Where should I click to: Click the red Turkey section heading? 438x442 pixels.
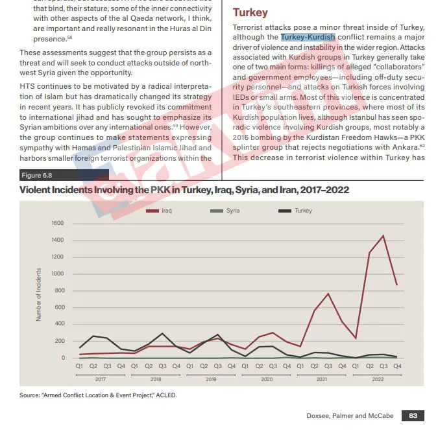point(250,13)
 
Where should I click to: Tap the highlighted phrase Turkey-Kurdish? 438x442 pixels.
point(308,37)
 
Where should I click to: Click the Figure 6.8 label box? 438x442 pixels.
point(38,175)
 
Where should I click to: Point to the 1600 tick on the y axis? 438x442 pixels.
point(57,224)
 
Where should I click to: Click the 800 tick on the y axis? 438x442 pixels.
point(59,291)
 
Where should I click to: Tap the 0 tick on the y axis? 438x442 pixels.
point(63,358)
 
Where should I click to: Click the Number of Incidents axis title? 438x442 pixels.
point(39,297)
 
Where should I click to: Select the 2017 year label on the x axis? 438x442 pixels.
point(101,378)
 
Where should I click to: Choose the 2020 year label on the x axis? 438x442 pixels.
point(266,378)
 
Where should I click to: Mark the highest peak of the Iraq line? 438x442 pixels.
point(383,236)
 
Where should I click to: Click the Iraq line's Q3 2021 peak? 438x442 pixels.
point(328,294)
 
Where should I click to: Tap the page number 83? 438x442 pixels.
point(413,416)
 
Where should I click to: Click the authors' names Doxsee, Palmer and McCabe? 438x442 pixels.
point(350,416)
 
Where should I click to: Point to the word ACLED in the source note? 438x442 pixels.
point(165,395)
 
